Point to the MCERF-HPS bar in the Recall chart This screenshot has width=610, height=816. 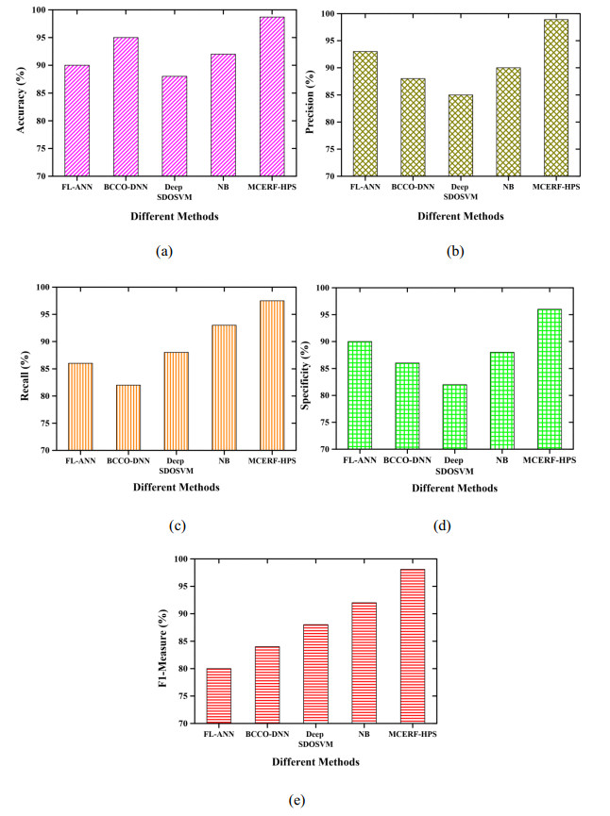(272, 375)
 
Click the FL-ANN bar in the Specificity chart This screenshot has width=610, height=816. (359, 395)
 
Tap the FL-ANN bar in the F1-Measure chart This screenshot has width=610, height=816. (218, 696)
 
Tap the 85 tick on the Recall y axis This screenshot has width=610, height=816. (41, 395)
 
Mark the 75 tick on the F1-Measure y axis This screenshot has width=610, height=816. (182, 696)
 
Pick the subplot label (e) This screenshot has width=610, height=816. (297, 800)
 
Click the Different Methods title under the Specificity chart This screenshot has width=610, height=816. (452, 488)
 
